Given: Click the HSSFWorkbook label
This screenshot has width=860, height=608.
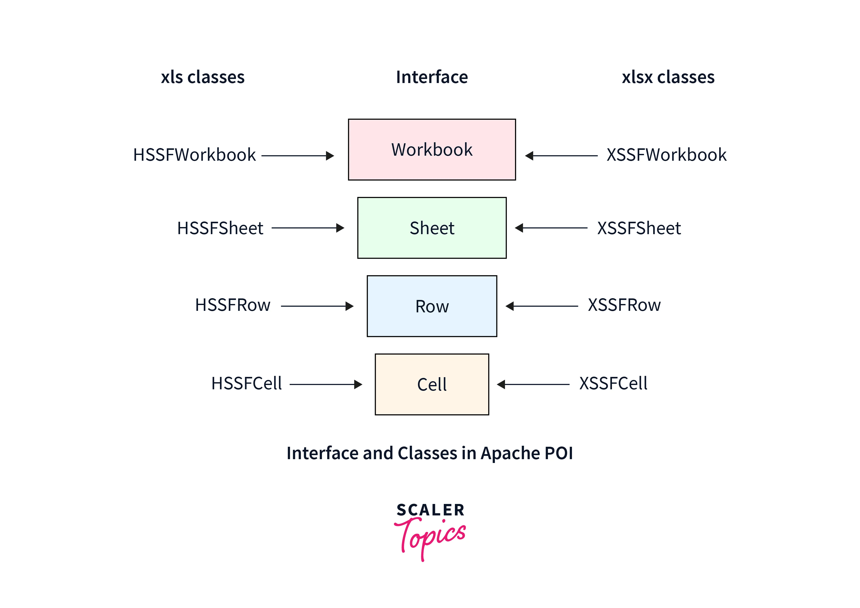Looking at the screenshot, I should tap(194, 155).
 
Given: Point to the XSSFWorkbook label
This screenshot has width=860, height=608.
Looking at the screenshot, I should tap(666, 155).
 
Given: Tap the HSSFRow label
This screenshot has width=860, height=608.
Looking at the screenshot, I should tap(233, 305).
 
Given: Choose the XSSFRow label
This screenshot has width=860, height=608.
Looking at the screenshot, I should tap(624, 305).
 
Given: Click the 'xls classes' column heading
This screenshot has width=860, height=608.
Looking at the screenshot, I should tap(203, 77).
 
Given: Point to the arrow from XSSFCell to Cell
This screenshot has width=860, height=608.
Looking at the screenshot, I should tap(533, 384).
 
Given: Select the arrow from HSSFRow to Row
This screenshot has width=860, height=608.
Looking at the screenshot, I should tap(317, 306).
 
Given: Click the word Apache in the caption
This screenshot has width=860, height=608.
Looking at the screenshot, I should tap(510, 453).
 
